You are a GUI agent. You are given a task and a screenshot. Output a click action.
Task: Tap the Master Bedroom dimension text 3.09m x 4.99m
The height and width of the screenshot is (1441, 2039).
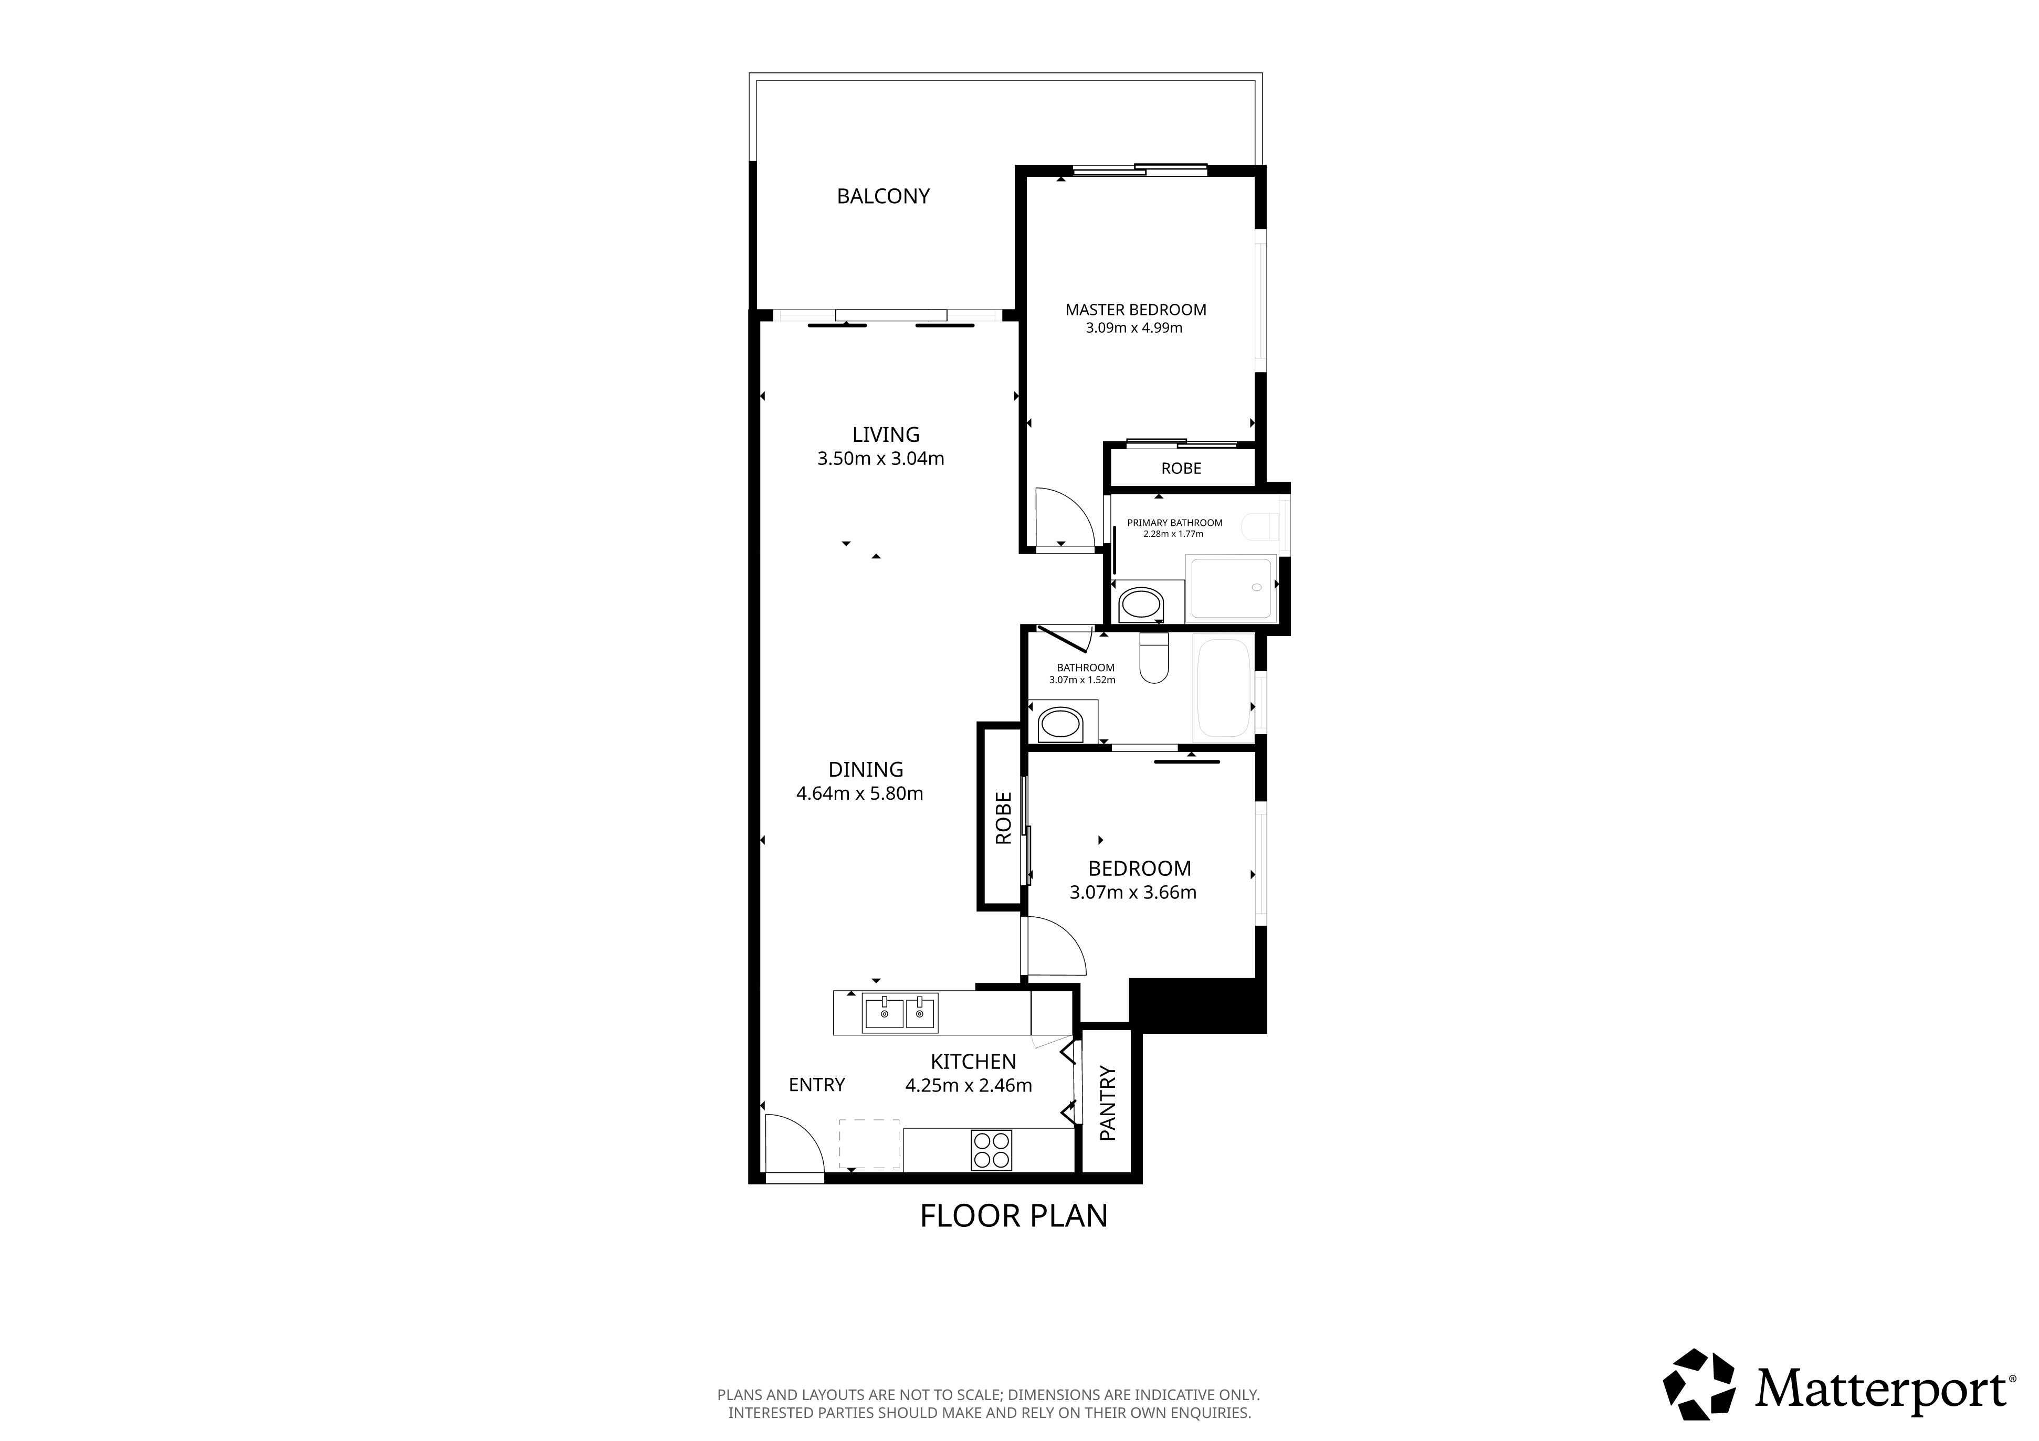(1134, 327)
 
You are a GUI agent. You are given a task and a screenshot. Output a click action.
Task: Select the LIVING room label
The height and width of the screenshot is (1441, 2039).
(886, 434)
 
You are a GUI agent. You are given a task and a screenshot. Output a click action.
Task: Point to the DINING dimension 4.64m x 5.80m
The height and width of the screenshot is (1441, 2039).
(860, 794)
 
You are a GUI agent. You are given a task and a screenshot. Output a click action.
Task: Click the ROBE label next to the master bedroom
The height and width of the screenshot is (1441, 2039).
(1181, 468)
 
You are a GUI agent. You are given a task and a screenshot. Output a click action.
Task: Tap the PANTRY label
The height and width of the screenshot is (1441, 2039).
(1107, 1103)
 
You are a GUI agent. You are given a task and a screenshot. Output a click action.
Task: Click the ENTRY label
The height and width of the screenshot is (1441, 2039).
(816, 1084)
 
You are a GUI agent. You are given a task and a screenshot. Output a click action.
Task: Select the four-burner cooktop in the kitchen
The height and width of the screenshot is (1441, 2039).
(991, 1150)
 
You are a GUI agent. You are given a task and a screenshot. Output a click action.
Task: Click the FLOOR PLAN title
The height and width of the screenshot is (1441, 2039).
(1013, 1215)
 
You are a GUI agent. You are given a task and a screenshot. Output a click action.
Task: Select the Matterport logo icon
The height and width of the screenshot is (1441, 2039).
(1699, 1384)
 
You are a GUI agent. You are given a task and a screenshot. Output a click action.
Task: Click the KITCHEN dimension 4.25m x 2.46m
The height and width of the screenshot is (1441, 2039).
(968, 1085)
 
